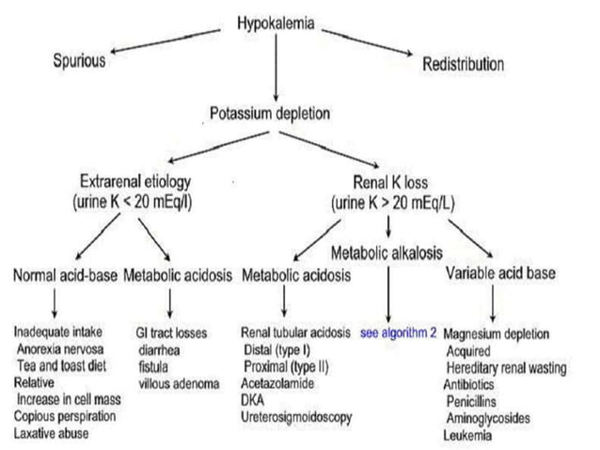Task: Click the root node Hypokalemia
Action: [x=275, y=23]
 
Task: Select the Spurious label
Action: [x=80, y=62]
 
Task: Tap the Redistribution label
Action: [x=463, y=64]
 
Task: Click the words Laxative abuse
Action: [x=52, y=432]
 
